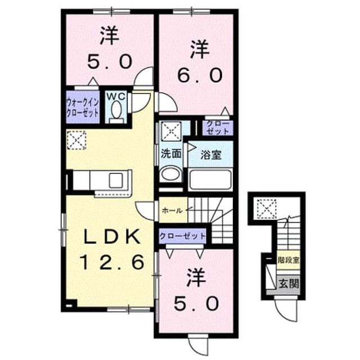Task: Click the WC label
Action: click(x=116, y=96)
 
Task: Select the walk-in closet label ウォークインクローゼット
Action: click(x=83, y=107)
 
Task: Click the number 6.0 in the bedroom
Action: click(x=200, y=75)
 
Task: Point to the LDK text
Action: click(x=112, y=237)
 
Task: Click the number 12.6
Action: click(x=112, y=263)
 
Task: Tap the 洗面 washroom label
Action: click(x=171, y=154)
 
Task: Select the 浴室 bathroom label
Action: click(x=211, y=155)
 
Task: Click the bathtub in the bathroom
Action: click(x=210, y=179)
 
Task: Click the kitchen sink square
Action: click(x=116, y=181)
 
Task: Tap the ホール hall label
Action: click(x=172, y=210)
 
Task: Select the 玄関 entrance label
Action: click(x=289, y=283)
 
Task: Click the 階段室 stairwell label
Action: click(x=289, y=260)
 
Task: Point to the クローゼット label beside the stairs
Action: click(x=182, y=236)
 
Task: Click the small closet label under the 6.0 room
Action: click(x=218, y=128)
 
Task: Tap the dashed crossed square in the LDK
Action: click(x=76, y=140)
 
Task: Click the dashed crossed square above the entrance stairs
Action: click(x=267, y=209)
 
